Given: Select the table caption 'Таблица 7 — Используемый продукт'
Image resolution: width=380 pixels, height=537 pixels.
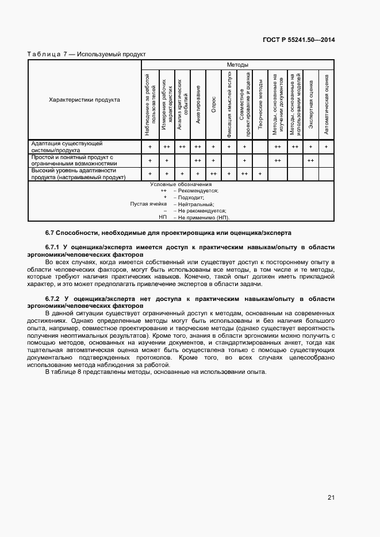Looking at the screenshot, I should coord(87,54).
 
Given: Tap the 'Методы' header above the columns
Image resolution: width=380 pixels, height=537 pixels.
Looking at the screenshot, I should coord(237,65).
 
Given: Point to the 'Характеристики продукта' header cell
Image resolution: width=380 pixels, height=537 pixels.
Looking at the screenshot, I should coord(85,100).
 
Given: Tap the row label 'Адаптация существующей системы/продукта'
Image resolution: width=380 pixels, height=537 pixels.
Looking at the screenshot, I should coord(67,146).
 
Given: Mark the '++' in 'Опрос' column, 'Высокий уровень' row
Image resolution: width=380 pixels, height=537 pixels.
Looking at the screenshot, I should coord(213,174).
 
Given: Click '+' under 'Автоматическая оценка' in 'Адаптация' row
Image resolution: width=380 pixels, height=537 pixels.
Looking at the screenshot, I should coord(326,147).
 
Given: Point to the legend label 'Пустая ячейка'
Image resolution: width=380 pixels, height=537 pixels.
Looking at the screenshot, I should coord(148,204).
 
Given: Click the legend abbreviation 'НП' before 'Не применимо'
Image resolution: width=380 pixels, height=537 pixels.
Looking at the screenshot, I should coord(163,218).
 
